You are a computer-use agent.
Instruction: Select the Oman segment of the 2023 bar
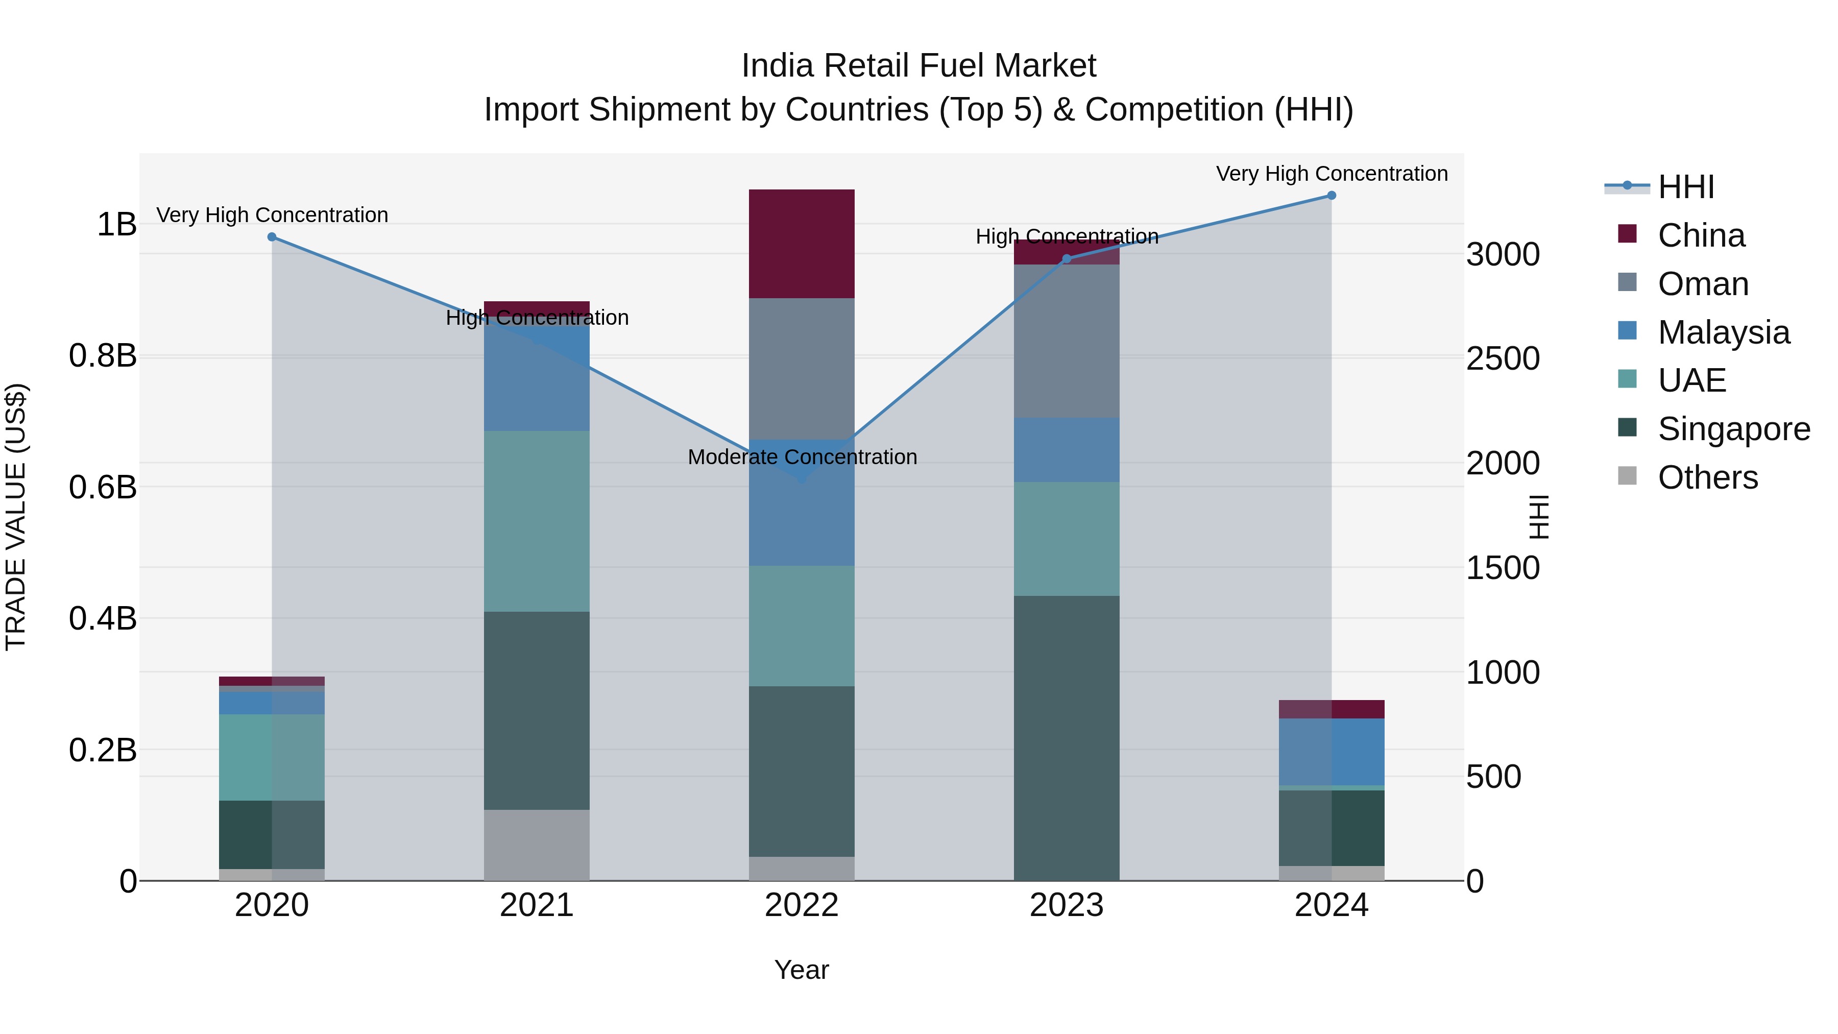pos(1066,341)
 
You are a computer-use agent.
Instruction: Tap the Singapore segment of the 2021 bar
pos(537,710)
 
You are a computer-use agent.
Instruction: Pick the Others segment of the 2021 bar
pos(537,845)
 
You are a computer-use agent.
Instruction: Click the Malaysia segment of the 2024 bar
pos(1332,752)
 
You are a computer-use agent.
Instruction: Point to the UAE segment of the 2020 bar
pos(271,757)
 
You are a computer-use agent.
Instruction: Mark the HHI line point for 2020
pos(271,237)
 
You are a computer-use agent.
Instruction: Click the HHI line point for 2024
pos(1332,196)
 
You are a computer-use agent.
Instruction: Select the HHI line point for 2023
pos(1067,259)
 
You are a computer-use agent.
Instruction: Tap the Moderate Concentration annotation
pos(802,456)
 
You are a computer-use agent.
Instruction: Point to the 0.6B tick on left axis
pos(102,488)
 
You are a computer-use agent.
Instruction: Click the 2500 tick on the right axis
pos(1503,358)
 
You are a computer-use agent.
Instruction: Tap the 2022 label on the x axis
pos(801,905)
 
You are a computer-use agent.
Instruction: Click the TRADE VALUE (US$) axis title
pos(16,517)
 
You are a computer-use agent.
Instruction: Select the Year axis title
pos(801,970)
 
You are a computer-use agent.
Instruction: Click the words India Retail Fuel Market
pos(918,66)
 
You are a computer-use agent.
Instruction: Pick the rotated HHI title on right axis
pos(1538,517)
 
